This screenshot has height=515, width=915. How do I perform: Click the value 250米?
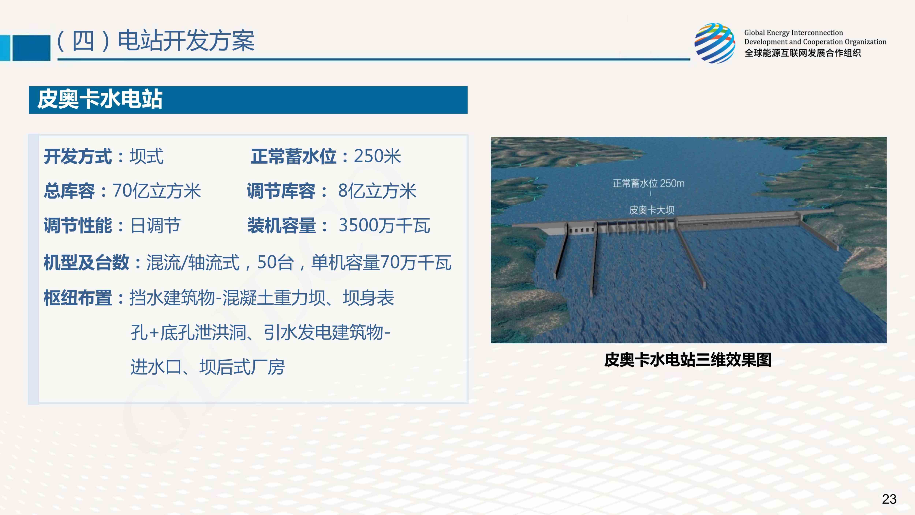point(377,156)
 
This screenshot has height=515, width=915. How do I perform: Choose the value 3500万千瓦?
point(384,225)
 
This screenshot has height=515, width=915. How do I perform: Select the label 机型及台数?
point(86,263)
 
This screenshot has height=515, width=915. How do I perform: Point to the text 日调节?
point(156,225)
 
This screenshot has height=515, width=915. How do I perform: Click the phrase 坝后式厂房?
point(242,367)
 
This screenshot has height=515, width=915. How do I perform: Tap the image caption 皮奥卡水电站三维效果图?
point(688,360)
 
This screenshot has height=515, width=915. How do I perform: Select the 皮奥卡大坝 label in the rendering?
point(651,210)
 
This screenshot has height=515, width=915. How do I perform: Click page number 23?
point(889,499)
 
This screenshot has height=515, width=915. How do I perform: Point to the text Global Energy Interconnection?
point(793,33)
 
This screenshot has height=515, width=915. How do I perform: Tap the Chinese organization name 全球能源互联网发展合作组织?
point(802,53)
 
